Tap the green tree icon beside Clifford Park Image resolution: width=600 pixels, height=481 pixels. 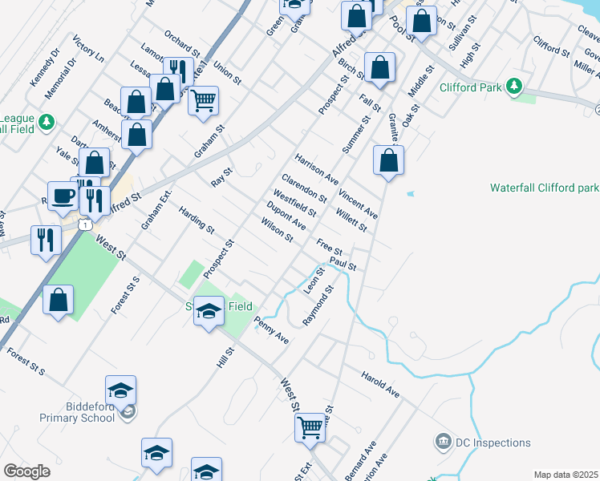click(x=514, y=85)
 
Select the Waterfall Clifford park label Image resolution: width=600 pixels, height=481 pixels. click(x=545, y=188)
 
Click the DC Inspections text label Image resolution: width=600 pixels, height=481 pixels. click(x=493, y=443)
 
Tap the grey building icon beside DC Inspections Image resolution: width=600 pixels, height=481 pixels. click(x=442, y=442)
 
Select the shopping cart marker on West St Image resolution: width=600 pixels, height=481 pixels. click(x=310, y=426)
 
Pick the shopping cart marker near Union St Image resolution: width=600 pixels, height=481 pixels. click(x=204, y=100)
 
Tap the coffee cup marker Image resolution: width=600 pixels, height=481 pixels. click(x=63, y=195)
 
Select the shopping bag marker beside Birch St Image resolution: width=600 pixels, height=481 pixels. click(x=380, y=67)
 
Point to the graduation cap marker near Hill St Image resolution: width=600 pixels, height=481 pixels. click(x=208, y=311)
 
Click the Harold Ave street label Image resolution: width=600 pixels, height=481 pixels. click(x=379, y=384)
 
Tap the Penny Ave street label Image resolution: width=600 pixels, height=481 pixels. click(x=271, y=329)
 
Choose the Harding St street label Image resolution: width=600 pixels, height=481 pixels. click(x=197, y=220)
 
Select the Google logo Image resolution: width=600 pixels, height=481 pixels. click(x=26, y=471)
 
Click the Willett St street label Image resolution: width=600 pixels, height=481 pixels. click(x=351, y=220)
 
